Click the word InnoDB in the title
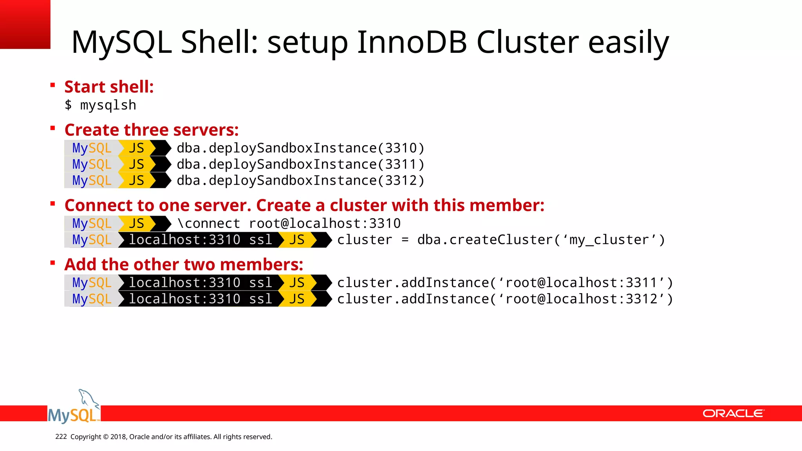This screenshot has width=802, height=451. click(x=412, y=42)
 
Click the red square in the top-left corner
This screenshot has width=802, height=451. click(x=25, y=24)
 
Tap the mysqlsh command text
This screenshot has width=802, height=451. click(x=108, y=105)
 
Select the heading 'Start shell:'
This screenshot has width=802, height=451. click(x=109, y=87)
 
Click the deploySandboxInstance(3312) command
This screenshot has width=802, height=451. click(x=300, y=180)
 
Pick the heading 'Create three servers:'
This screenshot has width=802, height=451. click(x=152, y=130)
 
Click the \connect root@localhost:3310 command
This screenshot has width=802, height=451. click(x=289, y=224)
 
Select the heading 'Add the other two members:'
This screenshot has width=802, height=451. click(x=184, y=264)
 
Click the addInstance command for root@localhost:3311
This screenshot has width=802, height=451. click(x=505, y=283)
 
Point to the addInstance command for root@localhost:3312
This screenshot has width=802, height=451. click(x=505, y=299)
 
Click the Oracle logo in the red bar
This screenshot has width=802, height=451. click(x=733, y=413)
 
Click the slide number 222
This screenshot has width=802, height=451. click(x=61, y=437)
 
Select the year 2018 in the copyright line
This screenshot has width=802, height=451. click(x=118, y=437)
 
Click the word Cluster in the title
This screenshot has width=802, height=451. click(x=527, y=42)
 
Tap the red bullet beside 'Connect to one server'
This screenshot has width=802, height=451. click(x=52, y=203)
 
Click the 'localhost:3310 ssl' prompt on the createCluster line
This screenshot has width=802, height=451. click(x=200, y=240)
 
